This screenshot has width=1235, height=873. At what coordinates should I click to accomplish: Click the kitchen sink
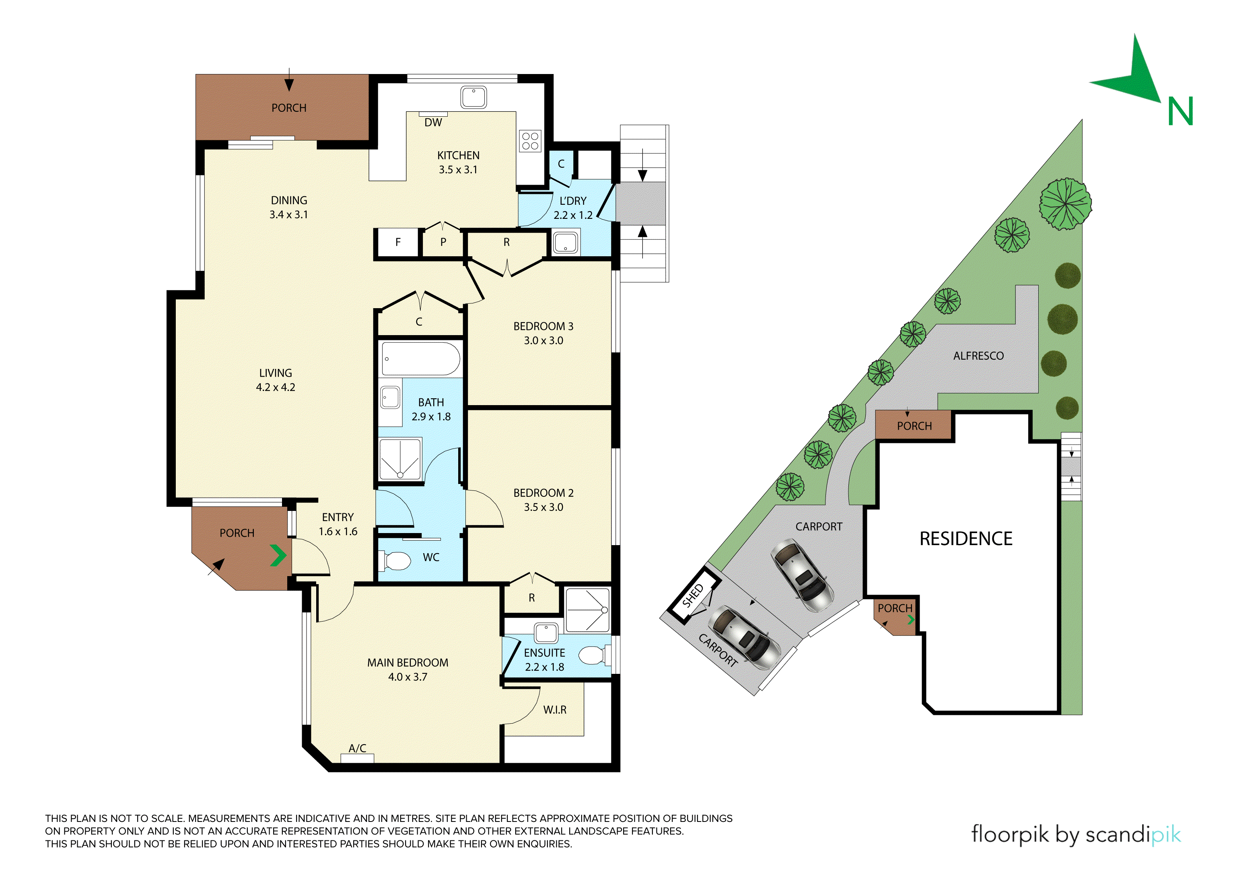(473, 97)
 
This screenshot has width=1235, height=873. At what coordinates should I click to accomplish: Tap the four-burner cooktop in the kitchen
(530, 141)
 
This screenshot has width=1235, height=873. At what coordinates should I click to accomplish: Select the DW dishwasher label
(433, 123)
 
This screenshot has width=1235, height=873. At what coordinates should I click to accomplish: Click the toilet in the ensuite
(594, 655)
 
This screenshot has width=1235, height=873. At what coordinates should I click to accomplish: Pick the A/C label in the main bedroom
(357, 748)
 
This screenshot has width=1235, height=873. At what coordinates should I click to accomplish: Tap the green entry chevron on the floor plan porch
(278, 556)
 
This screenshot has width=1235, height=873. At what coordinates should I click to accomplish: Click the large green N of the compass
(1180, 111)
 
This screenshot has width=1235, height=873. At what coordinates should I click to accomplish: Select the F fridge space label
(398, 242)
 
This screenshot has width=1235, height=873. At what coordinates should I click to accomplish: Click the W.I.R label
(555, 710)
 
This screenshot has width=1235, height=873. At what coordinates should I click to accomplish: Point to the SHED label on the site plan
(692, 595)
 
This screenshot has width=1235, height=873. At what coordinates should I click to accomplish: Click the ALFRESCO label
(978, 356)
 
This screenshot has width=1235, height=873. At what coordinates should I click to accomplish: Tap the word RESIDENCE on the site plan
(966, 538)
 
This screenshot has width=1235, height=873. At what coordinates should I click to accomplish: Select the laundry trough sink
(565, 243)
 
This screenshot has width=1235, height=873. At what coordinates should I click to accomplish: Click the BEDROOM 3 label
(543, 327)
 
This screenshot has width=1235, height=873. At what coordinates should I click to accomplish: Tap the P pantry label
(443, 242)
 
